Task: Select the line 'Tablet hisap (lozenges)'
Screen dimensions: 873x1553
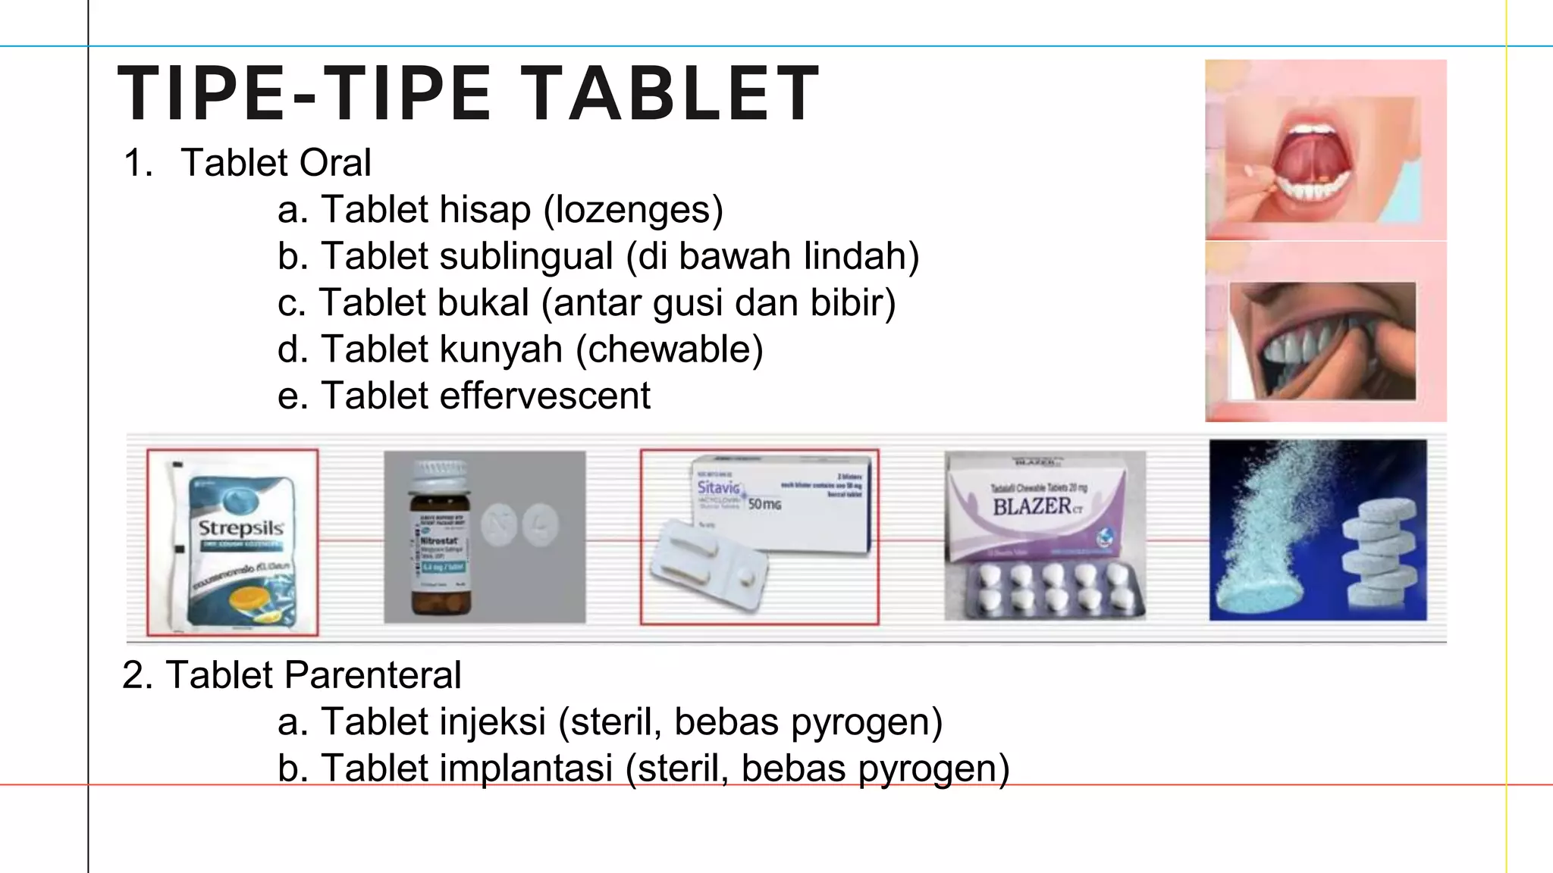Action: coord(500,210)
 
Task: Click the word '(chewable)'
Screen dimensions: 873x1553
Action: coord(669,349)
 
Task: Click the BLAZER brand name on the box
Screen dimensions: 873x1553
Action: coord(1032,506)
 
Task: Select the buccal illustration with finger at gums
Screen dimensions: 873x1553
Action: coord(1322,341)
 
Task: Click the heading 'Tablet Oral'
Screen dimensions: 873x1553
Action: coord(275,163)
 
